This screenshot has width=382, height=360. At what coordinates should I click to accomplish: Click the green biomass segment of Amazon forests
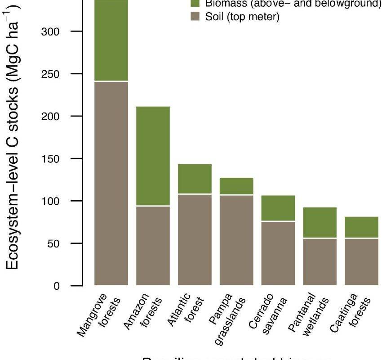pos(153,156)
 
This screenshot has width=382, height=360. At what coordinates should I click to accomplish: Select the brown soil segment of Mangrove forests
pos(111,183)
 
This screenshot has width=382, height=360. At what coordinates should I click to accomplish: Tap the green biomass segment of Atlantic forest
pos(195,179)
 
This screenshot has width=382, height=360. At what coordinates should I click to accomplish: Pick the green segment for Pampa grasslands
pos(236,186)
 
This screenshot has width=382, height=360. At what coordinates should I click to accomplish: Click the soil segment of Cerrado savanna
pos(278,253)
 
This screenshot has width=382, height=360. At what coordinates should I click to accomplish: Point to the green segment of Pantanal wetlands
pos(320,222)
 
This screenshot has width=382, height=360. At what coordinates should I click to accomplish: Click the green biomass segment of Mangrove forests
pos(111,40)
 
